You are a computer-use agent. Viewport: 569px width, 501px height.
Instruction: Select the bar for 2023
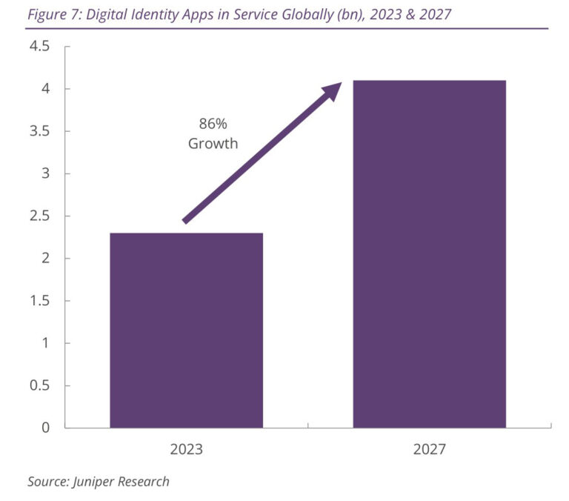click(186, 330)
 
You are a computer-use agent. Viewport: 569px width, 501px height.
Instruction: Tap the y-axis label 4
click(45, 89)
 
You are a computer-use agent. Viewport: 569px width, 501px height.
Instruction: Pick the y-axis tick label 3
click(45, 173)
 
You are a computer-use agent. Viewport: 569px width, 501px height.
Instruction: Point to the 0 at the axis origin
click(45, 428)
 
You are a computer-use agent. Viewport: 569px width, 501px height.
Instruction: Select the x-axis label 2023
click(186, 449)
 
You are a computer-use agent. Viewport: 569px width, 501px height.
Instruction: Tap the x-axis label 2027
click(429, 449)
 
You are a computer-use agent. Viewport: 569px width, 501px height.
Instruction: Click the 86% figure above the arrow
click(213, 124)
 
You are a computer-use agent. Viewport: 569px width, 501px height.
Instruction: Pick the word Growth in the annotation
click(213, 144)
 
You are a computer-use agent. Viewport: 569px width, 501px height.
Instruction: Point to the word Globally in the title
click(302, 14)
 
